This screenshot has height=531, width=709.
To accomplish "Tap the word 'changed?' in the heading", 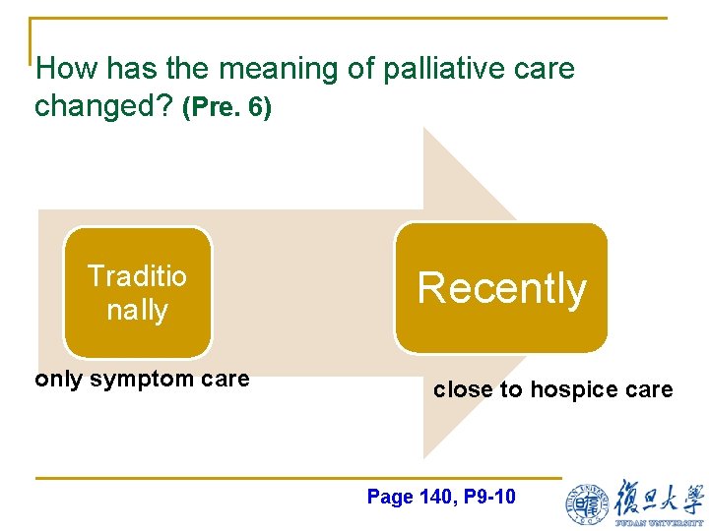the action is (x=104, y=106).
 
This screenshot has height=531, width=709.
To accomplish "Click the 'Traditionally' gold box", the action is (x=137, y=292).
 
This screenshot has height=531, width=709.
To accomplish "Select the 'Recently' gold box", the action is (x=501, y=288).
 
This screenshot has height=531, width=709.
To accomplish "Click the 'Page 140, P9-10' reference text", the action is (x=440, y=497).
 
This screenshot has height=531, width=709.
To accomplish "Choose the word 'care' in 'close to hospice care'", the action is (x=649, y=389).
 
